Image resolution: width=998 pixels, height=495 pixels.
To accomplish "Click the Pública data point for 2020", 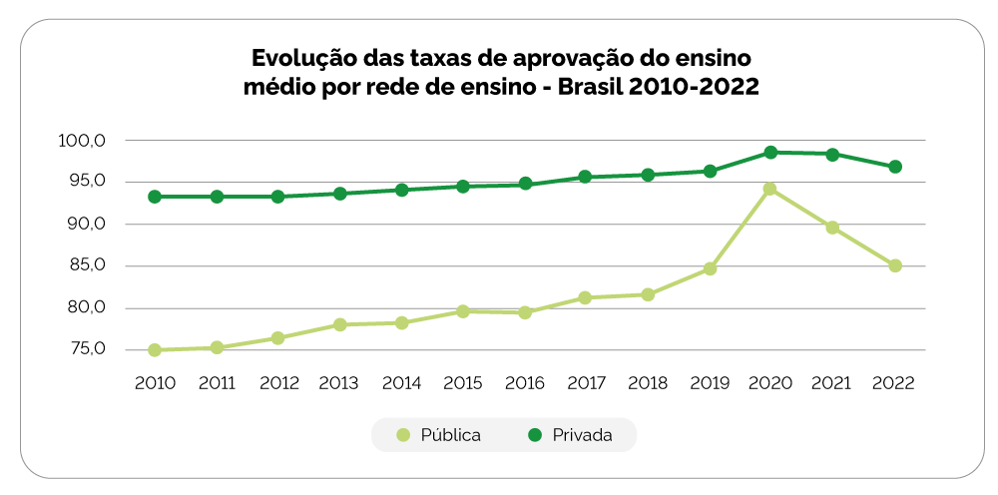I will [x=770, y=189].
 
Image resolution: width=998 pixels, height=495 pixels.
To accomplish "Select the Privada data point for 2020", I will [x=770, y=153].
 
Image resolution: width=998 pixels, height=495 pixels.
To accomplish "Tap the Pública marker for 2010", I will [x=155, y=350].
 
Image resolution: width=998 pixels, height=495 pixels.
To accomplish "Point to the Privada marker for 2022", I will [x=895, y=167].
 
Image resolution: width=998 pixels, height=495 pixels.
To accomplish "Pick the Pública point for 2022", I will [x=895, y=266].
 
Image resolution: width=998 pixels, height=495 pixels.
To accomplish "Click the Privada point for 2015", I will [x=463, y=187].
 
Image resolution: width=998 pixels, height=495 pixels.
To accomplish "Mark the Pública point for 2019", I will [x=711, y=268].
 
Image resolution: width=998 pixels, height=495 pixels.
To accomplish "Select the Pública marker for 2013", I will [x=340, y=324].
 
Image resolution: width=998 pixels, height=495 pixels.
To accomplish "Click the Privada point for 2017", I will [x=585, y=177].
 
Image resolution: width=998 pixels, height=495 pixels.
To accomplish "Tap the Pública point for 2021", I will [x=832, y=228].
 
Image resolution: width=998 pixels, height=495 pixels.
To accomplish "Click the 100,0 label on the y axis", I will [x=82, y=141].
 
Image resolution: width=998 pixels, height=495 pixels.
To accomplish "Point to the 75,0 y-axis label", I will [x=85, y=349].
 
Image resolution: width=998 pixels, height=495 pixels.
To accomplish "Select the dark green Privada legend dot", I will [x=534, y=435].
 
